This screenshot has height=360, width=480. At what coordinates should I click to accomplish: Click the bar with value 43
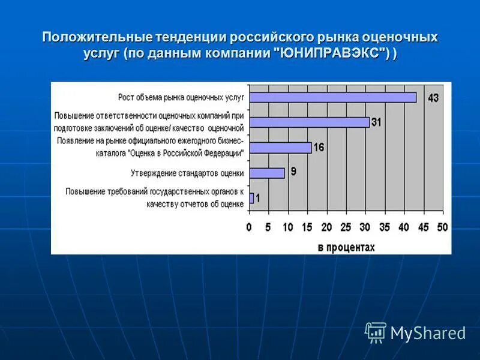[332, 97]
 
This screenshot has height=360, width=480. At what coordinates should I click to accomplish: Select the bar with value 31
[309, 122]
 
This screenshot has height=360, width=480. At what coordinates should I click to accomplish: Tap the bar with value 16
[280, 148]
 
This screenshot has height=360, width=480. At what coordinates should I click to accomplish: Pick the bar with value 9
[266, 173]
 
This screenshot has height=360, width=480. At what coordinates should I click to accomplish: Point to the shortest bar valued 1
[251, 198]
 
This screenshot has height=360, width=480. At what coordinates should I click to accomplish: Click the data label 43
[433, 97]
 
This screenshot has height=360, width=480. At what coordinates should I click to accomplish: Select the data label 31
[376, 122]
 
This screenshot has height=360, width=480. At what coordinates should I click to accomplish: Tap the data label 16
[318, 147]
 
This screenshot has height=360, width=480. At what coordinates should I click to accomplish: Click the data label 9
[293, 172]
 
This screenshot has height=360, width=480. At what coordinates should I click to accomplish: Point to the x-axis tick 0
[249, 227]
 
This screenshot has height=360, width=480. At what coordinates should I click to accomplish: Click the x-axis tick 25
[346, 227]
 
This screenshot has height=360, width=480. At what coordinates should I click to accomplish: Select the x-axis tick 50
[443, 227]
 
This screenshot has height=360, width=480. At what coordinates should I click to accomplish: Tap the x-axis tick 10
[287, 227]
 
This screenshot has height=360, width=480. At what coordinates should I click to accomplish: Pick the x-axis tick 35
[385, 227]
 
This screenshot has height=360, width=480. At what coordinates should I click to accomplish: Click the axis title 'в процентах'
[346, 247]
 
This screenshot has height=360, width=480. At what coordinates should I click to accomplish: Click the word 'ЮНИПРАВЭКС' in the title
[332, 53]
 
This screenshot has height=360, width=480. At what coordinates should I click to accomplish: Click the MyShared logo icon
[376, 332]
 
